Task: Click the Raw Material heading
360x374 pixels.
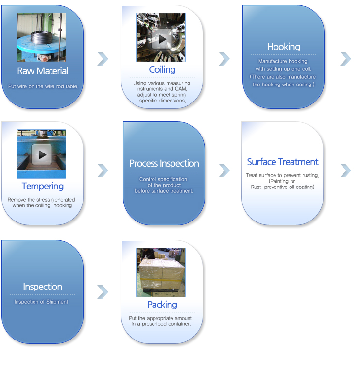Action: pos(43,71)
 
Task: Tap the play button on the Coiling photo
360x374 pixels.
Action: pos(162,39)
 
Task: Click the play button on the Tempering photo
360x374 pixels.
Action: pos(41,154)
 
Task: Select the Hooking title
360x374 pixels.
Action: pos(283,47)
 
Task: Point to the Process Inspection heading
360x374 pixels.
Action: pos(164,163)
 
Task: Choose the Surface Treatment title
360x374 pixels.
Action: pos(283,162)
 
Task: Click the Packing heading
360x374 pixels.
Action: pos(162,305)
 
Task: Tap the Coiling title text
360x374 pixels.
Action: pos(162,69)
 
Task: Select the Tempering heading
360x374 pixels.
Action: pos(43,187)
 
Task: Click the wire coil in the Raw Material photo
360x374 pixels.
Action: pos(41,38)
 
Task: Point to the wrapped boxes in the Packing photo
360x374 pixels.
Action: pos(162,274)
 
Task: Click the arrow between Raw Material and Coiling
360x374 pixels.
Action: pos(103,59)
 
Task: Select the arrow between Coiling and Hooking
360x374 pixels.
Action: pos(224,59)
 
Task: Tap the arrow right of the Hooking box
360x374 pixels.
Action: pos(346,59)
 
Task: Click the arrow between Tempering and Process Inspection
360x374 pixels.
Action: pos(103,170)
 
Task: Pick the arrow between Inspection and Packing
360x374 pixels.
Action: pos(103,292)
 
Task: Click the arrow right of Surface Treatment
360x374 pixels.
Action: pos(346,170)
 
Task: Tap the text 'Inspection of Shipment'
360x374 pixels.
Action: pos(41,302)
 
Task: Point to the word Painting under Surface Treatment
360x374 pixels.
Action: pos(278,181)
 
